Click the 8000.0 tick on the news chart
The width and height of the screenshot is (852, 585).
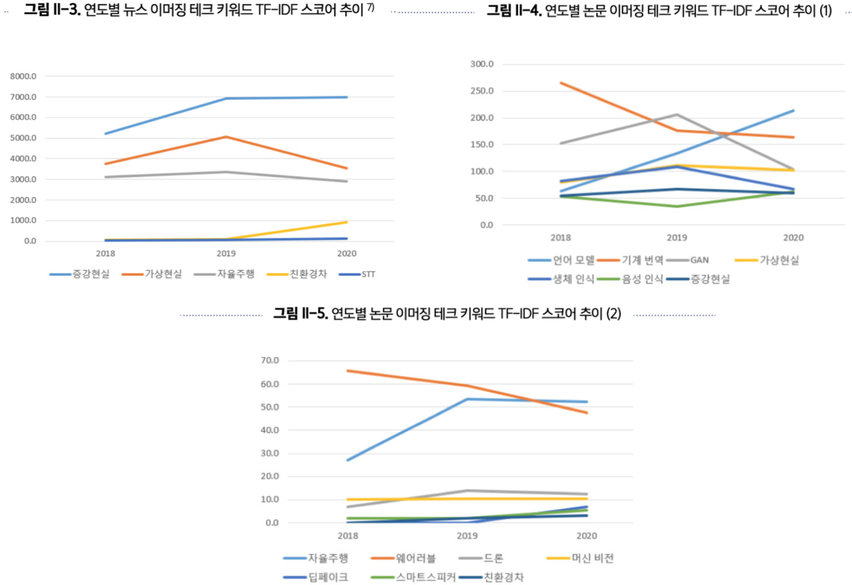coord(24,77)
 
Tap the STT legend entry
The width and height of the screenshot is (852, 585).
coord(368,274)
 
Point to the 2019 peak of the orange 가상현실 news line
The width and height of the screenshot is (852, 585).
coord(226,137)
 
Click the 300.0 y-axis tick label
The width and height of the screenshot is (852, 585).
coord(483,65)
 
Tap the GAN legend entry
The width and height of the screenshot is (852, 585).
coord(708,260)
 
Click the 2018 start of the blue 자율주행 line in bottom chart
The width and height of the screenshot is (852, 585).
coord(347,460)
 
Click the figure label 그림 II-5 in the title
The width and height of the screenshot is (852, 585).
coord(300,314)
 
